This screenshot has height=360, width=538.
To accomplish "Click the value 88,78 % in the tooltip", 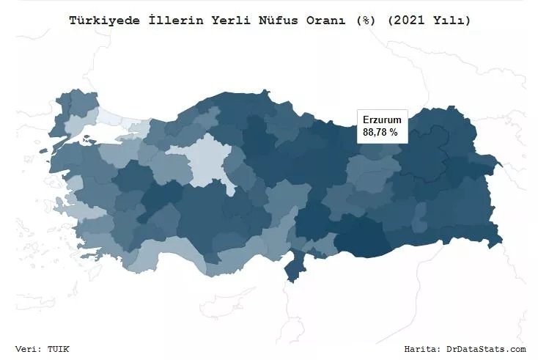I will point(380,133).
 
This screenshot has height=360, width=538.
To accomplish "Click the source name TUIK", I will point(58,349).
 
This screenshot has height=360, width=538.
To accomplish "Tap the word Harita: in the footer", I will point(424,349).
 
